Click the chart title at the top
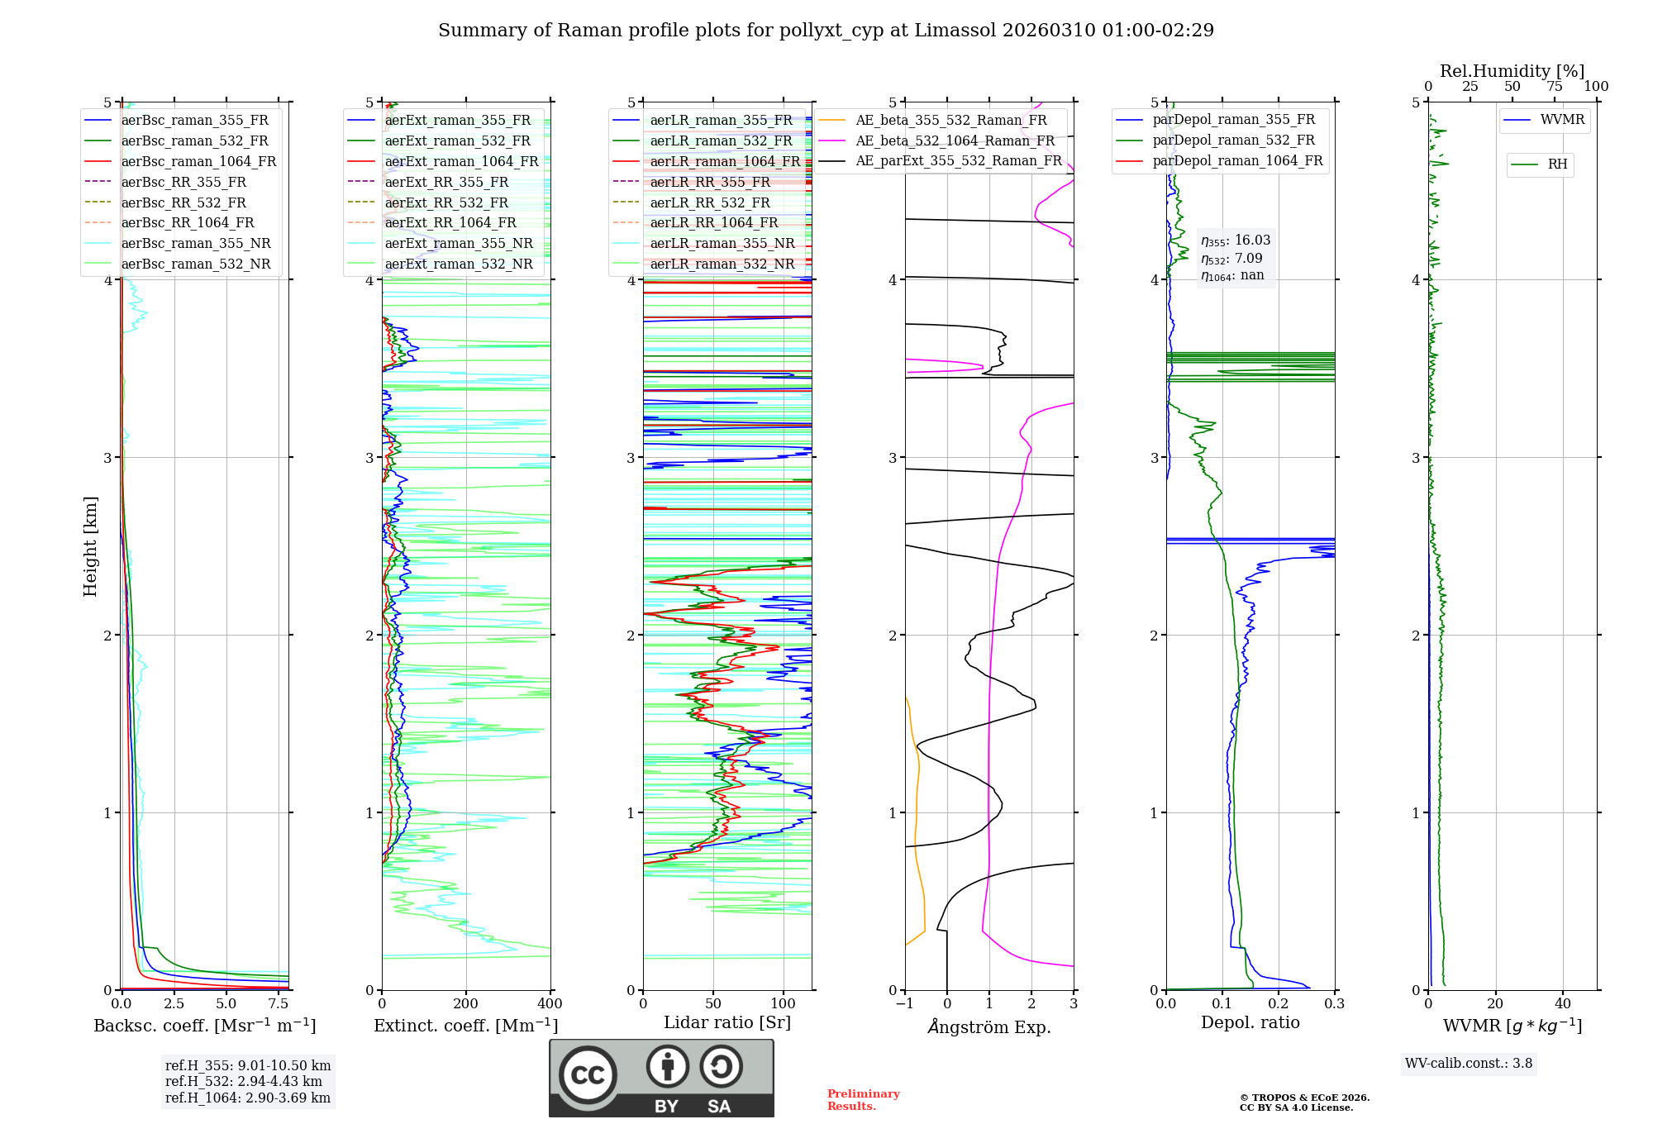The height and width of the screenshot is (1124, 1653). (x=826, y=31)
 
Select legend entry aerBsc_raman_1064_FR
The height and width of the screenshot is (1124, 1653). (x=198, y=161)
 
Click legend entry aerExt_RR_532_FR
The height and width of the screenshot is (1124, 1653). (x=446, y=202)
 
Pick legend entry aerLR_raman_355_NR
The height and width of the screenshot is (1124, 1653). (x=722, y=243)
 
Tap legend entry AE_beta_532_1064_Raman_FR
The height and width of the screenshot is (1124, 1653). (x=955, y=140)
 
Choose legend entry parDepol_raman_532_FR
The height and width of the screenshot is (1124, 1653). (x=1233, y=140)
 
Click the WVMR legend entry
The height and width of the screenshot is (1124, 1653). (x=1561, y=120)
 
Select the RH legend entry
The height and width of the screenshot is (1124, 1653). (x=1557, y=164)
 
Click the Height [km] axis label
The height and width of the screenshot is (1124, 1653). (x=90, y=546)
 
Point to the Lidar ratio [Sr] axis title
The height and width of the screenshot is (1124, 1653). (x=727, y=1022)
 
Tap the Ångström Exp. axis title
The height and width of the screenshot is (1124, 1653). (x=989, y=1026)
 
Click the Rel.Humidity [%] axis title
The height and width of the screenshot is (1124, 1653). (x=1512, y=71)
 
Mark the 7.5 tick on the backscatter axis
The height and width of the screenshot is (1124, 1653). (x=279, y=1004)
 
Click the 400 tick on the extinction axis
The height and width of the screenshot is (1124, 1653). (x=550, y=1004)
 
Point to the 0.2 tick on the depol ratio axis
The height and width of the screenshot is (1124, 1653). (x=1279, y=1004)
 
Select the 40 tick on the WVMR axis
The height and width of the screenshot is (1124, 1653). (x=1563, y=1004)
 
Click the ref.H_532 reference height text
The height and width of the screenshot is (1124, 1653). (x=244, y=1081)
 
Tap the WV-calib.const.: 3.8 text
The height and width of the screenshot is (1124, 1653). (x=1469, y=1064)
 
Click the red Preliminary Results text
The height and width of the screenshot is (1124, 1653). (x=863, y=1100)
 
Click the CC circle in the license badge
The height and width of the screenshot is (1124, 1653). (x=588, y=1075)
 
